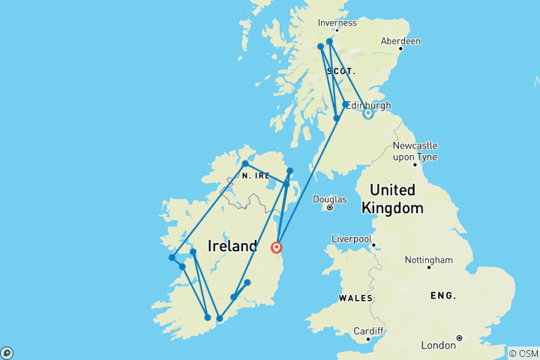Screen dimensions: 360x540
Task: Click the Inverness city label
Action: (x=336, y=22)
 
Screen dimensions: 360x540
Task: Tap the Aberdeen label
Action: (x=400, y=40)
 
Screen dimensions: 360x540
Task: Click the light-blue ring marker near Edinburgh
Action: (x=368, y=114)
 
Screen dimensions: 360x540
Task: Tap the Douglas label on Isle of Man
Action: (x=331, y=199)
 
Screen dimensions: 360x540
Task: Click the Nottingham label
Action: (x=428, y=260)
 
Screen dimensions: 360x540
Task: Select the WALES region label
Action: (x=355, y=298)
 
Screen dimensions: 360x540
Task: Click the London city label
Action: (x=438, y=345)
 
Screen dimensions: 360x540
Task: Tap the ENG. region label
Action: (x=442, y=295)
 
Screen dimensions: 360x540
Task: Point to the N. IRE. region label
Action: (x=256, y=175)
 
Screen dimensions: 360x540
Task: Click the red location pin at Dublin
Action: (x=277, y=247)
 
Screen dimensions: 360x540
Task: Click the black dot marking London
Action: (x=459, y=338)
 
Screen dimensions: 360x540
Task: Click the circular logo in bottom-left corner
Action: (x=7, y=352)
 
